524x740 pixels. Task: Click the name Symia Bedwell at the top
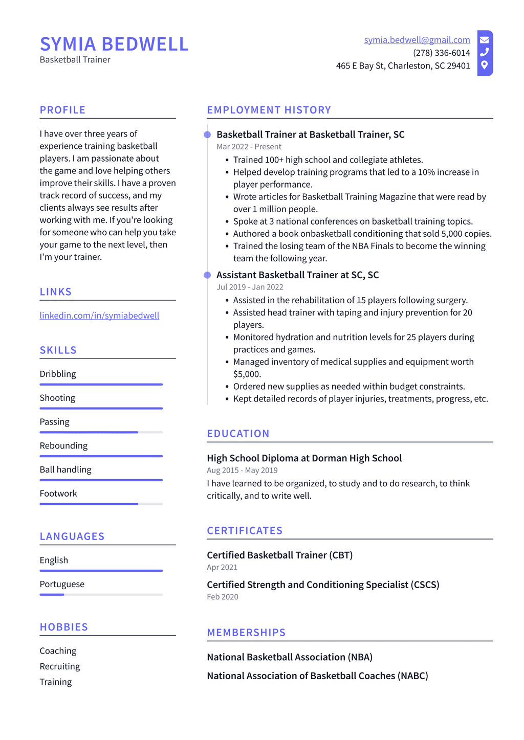[114, 44]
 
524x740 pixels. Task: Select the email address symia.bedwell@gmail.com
[417, 40]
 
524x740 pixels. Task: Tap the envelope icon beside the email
[484, 40]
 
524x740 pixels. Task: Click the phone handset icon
[484, 52]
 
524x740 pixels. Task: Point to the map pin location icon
[484, 65]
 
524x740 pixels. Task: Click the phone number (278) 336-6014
[441, 53]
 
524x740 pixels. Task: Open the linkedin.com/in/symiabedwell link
[99, 316]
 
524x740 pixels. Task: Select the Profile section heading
[62, 110]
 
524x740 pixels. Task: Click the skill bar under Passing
[101, 432]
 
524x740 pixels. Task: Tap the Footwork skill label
[58, 494]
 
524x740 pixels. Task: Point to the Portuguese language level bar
[101, 594]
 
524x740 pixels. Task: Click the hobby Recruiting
[60, 666]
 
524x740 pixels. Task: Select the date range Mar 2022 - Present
[249, 147]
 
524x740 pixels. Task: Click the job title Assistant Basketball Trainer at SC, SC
[297, 275]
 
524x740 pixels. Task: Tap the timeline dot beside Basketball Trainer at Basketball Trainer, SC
[207, 135]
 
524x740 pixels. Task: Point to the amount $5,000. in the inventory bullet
[247, 374]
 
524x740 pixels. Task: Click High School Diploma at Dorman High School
[304, 458]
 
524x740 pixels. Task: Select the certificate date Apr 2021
[222, 567]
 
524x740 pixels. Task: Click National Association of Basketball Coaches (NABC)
[317, 676]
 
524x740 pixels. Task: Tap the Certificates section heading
[245, 531]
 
